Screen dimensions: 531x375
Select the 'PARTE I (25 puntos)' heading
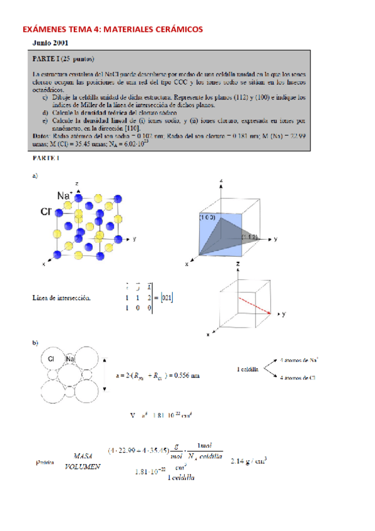[x=62, y=59]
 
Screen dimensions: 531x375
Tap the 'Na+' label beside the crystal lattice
[x=64, y=197]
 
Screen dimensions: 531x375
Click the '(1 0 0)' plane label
[x=208, y=217]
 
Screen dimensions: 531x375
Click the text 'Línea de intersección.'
[x=62, y=298]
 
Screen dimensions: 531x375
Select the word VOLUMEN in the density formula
[x=85, y=467]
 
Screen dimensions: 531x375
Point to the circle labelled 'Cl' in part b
[x=51, y=359]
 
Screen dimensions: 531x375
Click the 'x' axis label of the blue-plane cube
[x=187, y=264]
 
